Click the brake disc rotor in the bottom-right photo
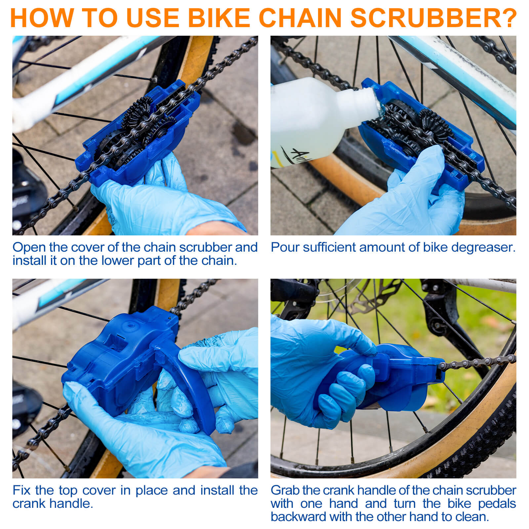click(x=370, y=298)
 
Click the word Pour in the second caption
click(x=284, y=248)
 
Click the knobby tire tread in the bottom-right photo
click(x=489, y=440)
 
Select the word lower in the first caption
click(x=118, y=261)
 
